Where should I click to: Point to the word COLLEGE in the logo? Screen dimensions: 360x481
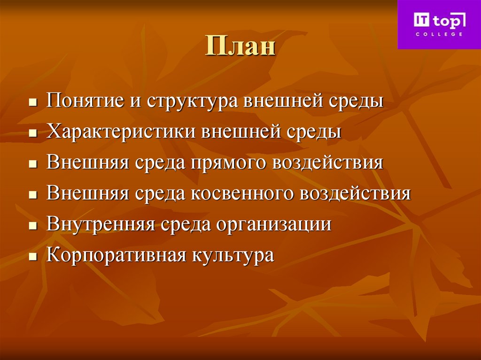[x=439, y=34]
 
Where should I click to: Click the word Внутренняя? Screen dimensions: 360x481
[x=101, y=224]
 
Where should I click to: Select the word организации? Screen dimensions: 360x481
[x=274, y=224]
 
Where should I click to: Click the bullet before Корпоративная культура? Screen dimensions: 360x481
[x=32, y=257]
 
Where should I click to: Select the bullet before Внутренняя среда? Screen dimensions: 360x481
[x=32, y=226]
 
